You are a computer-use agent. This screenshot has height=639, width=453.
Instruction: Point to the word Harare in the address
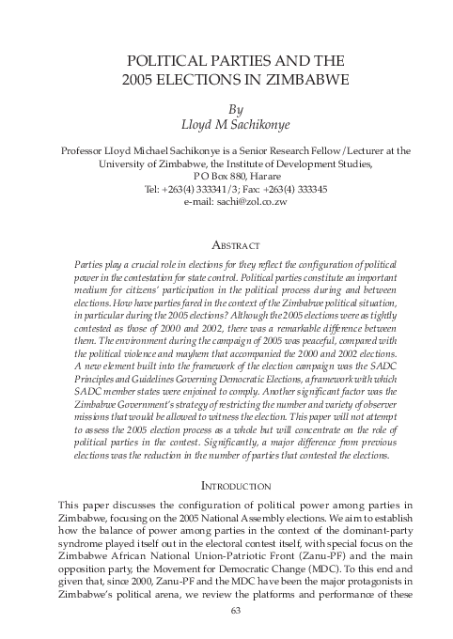265,175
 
